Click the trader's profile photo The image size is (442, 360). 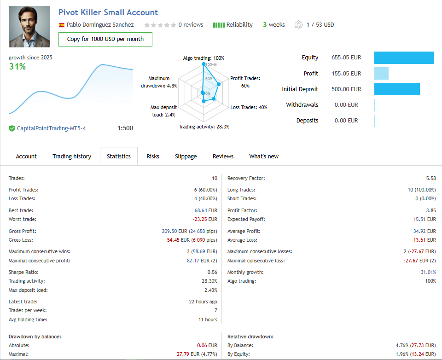pyautogui.click(x=29, y=27)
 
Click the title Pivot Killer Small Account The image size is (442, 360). pyautogui.click(x=108, y=12)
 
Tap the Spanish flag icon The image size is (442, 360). pyautogui.click(x=62, y=25)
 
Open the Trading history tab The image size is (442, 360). pyautogui.click(x=72, y=156)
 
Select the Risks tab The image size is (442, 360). pyautogui.click(x=153, y=156)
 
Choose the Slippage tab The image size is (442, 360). pyautogui.click(x=186, y=156)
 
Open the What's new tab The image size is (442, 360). pyautogui.click(x=264, y=156)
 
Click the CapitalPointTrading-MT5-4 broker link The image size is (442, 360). pyautogui.click(x=51, y=128)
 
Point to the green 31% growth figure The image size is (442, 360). pyautogui.click(x=17, y=67)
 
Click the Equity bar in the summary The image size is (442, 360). pyautogui.click(x=404, y=58)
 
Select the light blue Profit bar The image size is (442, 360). pyautogui.click(x=381, y=73)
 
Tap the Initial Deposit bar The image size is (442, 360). pyautogui.click(x=397, y=89)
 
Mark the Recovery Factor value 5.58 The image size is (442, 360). pyautogui.click(x=431, y=178)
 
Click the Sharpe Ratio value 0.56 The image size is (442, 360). pyautogui.click(x=212, y=272)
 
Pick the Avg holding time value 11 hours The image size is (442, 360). pyautogui.click(x=208, y=319)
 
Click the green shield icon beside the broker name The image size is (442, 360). pyautogui.click(x=12, y=128)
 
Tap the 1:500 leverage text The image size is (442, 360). pyautogui.click(x=125, y=128)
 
